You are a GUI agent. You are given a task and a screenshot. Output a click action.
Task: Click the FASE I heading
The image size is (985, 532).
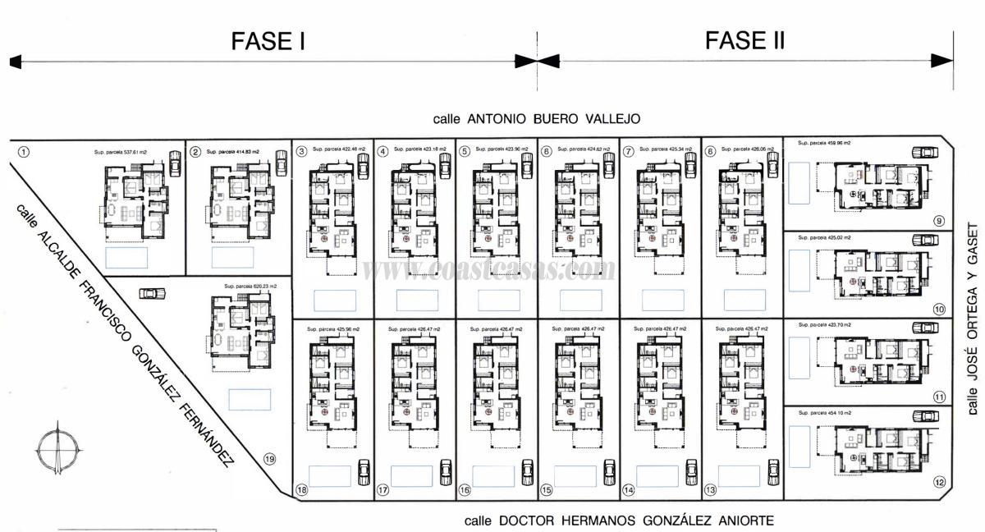(x=268, y=40)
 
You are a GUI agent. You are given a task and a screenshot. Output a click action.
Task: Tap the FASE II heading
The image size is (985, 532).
(x=744, y=39)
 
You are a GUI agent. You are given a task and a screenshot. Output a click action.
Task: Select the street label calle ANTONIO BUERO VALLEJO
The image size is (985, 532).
(x=537, y=119)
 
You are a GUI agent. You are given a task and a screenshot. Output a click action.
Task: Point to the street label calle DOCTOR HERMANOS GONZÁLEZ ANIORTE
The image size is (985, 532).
(x=619, y=521)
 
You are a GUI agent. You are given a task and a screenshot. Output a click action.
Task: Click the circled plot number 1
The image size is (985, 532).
(x=24, y=152)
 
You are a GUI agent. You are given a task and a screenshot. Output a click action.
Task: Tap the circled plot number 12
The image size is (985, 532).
(x=939, y=482)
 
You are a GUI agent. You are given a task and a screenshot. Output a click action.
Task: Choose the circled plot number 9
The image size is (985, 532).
(x=939, y=221)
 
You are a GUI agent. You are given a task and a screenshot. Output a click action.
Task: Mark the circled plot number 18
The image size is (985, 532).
(x=302, y=490)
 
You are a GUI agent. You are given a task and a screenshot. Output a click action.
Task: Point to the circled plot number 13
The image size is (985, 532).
(x=711, y=490)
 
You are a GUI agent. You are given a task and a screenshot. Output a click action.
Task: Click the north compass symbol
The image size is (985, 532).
(x=57, y=448)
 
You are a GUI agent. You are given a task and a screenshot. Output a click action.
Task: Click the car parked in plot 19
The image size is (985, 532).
(x=151, y=293)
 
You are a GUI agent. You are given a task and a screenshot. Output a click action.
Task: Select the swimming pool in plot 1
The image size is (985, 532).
(x=127, y=258)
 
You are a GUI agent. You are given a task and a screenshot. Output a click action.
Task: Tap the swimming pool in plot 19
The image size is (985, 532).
(x=245, y=400)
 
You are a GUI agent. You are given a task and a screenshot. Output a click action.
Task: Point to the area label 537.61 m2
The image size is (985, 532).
(x=120, y=152)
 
